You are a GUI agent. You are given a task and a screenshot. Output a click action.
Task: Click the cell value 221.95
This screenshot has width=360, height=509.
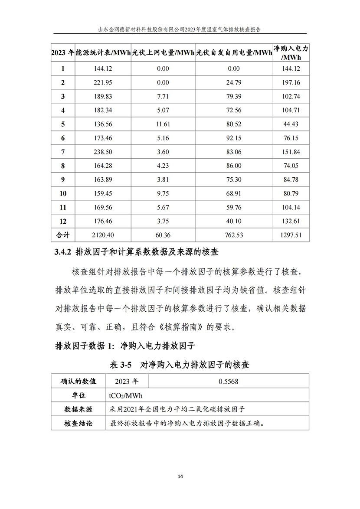(x=103, y=82)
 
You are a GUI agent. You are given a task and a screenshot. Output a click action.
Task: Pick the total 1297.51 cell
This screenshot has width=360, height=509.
(x=291, y=235)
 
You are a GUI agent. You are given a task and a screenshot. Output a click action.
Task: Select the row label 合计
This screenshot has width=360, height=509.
(x=63, y=235)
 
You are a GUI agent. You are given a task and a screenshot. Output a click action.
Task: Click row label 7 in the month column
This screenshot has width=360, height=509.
(x=63, y=152)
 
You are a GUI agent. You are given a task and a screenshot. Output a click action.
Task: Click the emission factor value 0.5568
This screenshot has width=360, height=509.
(x=229, y=382)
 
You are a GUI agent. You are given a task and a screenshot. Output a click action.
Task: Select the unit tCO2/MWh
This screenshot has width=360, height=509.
(x=126, y=395)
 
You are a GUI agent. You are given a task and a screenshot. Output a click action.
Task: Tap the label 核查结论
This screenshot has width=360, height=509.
(x=78, y=423)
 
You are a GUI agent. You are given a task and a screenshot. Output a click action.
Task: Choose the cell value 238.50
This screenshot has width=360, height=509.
(x=103, y=152)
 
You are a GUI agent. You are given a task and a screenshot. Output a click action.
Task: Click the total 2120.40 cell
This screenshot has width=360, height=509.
(x=103, y=235)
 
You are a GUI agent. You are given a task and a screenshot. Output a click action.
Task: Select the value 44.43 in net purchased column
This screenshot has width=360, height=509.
(x=291, y=124)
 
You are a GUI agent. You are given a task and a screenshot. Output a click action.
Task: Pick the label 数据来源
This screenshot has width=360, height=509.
(x=78, y=409)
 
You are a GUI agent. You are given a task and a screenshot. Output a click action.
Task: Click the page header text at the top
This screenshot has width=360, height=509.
(x=180, y=29)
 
